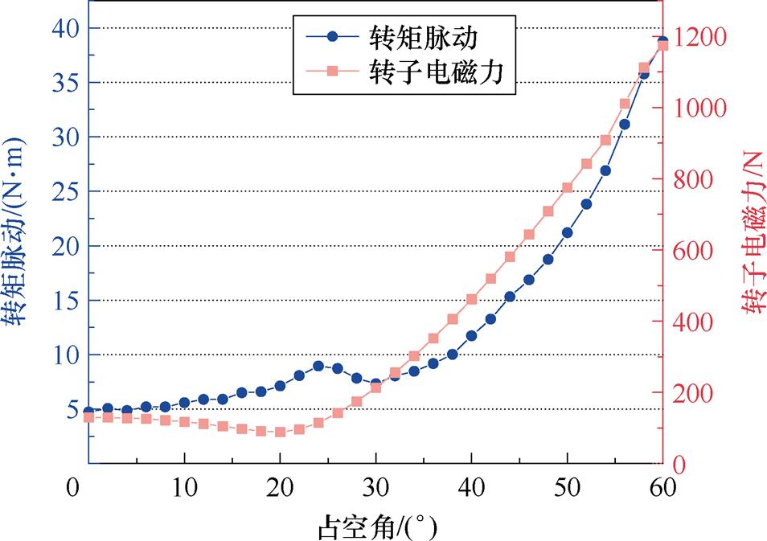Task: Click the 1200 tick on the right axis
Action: click(697, 37)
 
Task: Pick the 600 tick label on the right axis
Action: click(692, 251)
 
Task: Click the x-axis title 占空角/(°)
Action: click(375, 526)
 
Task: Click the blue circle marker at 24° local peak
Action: click(318, 366)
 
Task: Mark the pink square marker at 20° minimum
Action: click(280, 432)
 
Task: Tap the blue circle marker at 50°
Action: click(567, 232)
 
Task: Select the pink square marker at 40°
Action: click(471, 299)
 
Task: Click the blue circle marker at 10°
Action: click(184, 402)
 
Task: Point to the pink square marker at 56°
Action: click(625, 103)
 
